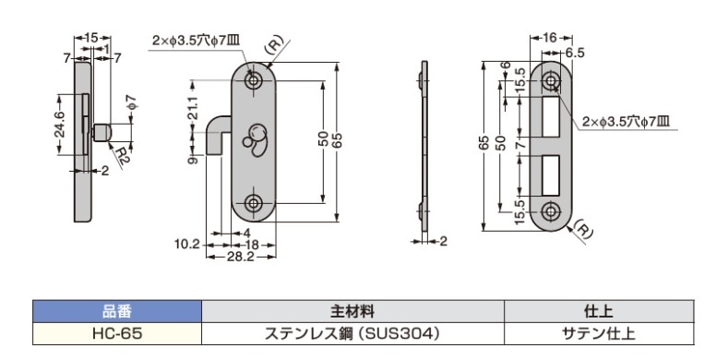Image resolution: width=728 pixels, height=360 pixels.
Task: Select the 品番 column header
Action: (116, 311)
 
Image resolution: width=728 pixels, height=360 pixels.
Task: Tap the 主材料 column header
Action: (351, 311)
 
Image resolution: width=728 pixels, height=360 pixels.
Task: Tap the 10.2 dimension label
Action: (186, 245)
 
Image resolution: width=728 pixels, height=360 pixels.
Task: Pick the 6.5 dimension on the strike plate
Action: (576, 54)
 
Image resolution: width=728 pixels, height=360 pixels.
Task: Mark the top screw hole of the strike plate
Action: (551, 81)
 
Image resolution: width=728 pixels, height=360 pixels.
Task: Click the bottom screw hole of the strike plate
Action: (551, 210)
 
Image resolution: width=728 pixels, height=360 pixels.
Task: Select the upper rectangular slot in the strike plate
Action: (551, 116)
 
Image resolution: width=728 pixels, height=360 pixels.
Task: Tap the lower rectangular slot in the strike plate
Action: (551, 175)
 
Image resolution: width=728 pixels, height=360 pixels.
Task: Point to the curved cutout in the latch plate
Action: (253, 138)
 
